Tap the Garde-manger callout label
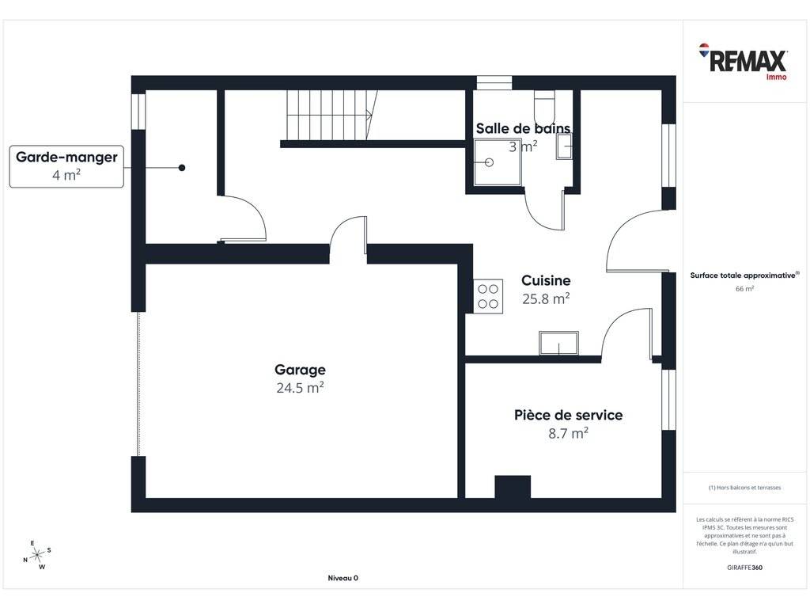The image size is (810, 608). click(66, 166)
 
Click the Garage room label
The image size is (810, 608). click(300, 370)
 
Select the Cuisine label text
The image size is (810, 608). click(546, 281)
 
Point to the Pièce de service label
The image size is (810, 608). click(568, 415)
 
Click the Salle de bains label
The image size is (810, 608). click(523, 128)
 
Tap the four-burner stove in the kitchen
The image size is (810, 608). click(488, 296)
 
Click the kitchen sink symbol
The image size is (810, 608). click(558, 344)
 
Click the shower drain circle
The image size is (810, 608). click(489, 162)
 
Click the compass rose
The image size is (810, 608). click(37, 555)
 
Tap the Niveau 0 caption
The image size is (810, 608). click(343, 578)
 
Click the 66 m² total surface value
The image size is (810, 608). click(744, 288)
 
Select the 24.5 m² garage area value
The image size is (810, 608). click(300, 388)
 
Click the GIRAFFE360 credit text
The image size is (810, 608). click(744, 567)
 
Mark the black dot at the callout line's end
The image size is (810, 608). click(182, 168)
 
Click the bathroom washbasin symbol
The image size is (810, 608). click(564, 146)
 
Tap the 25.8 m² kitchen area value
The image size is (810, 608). click(546, 298)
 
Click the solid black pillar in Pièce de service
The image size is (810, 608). click(513, 487)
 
